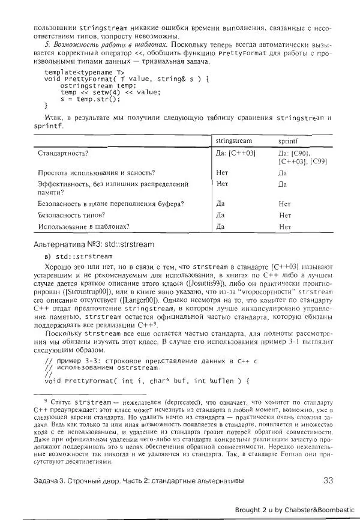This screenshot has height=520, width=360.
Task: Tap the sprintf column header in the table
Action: coord(288,140)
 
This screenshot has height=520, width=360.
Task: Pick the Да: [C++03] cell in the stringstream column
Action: coord(236,154)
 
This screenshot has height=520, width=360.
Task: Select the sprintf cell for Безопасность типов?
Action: coord(285,214)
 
